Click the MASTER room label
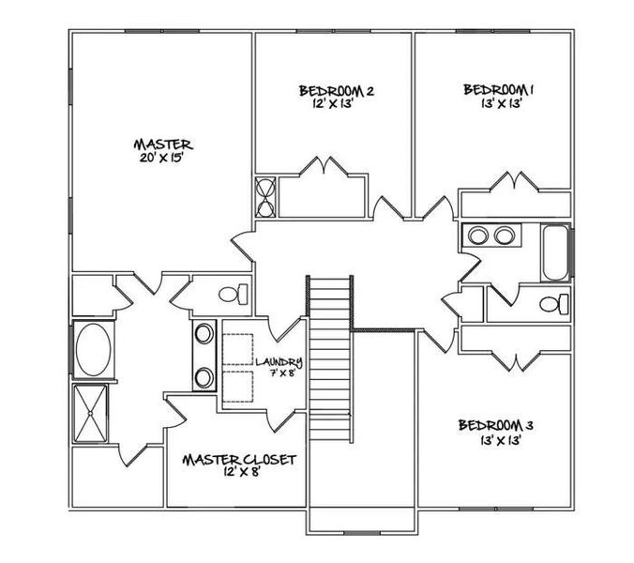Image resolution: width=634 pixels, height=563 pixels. [163, 145]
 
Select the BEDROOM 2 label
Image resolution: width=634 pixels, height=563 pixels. [337, 91]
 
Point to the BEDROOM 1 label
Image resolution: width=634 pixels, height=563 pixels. [498, 90]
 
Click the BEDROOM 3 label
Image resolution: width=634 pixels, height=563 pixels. [496, 425]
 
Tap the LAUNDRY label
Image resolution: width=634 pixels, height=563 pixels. [279, 361]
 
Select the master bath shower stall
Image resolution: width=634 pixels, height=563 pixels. [92, 412]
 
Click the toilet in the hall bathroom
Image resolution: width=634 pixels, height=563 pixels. [555, 304]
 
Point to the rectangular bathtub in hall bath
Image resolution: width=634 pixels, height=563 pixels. [556, 252]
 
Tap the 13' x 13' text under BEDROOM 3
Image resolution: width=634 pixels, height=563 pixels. [496, 437]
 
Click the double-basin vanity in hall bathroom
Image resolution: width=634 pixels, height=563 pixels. [491, 234]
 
